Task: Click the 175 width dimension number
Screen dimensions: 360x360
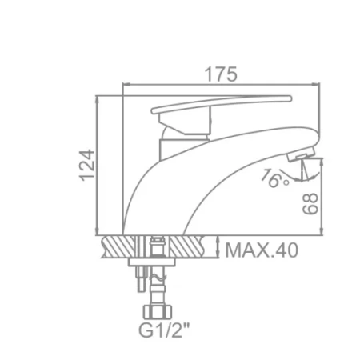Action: click(x=221, y=74)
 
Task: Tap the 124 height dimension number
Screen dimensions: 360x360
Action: click(x=87, y=166)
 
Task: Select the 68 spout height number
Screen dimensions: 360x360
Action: click(x=310, y=203)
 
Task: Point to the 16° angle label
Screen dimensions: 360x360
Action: click(x=274, y=178)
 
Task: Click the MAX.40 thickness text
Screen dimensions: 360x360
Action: click(x=262, y=250)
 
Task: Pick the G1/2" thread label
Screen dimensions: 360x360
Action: click(x=164, y=330)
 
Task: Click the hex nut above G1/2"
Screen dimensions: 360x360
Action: click(x=158, y=312)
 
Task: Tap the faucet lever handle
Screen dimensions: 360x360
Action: click(x=222, y=104)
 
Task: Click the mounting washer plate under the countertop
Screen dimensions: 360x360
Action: click(x=152, y=262)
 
